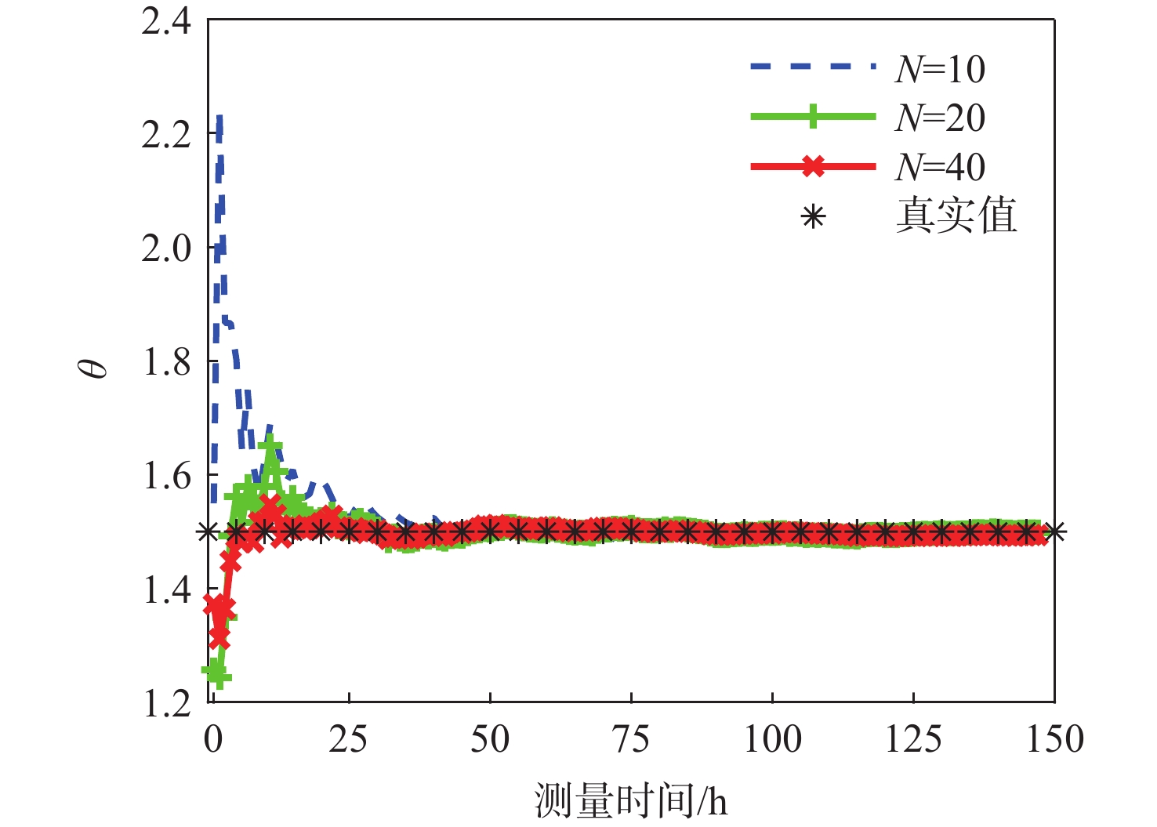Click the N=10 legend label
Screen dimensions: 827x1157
pyautogui.click(x=940, y=69)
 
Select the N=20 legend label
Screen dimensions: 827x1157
pyautogui.click(x=940, y=118)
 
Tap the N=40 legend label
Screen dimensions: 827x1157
pyautogui.click(x=940, y=167)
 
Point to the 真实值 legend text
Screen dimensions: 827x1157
pyautogui.click(x=956, y=216)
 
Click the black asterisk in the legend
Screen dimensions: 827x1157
pyautogui.click(x=814, y=216)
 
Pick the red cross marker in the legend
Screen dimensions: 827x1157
pyautogui.click(x=814, y=166)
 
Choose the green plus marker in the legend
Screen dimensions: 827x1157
pyautogui.click(x=814, y=117)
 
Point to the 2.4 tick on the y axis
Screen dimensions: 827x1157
pyautogui.click(x=166, y=21)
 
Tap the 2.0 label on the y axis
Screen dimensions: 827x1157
pyautogui.click(x=166, y=248)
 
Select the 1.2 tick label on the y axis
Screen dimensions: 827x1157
pyautogui.click(x=166, y=703)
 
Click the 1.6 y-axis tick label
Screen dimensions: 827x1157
pyautogui.click(x=166, y=476)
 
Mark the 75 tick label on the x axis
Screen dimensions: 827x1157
pyautogui.click(x=630, y=739)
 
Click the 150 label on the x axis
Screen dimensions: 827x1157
pyautogui.click(x=1055, y=739)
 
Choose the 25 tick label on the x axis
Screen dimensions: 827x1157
pyautogui.click(x=348, y=739)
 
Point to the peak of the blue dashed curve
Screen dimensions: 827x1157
pyautogui.click(x=219, y=118)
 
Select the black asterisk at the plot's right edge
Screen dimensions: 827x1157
pyautogui.click(x=1054, y=532)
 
